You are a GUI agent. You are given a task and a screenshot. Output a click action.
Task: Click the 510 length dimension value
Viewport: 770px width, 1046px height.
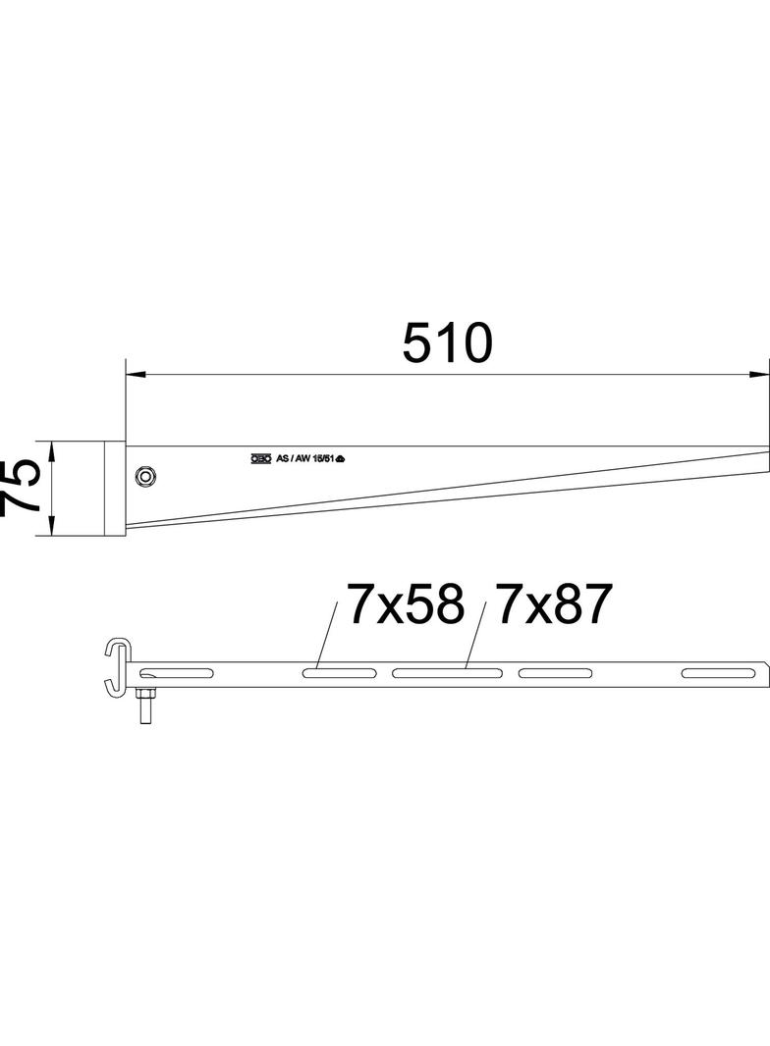click(x=446, y=344)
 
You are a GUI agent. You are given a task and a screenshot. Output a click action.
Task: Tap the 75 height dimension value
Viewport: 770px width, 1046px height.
click(x=22, y=488)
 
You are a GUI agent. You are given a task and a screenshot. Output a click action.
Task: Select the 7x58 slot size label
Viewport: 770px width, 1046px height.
click(x=404, y=605)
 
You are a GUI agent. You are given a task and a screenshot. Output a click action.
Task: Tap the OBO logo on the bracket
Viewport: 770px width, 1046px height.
click(x=260, y=458)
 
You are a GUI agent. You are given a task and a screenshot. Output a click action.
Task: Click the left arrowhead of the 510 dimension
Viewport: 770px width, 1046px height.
click(x=136, y=375)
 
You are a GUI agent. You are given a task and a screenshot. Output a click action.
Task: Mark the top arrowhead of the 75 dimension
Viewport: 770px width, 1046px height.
click(x=51, y=449)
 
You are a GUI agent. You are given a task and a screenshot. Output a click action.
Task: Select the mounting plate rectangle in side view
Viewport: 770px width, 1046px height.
click(x=113, y=489)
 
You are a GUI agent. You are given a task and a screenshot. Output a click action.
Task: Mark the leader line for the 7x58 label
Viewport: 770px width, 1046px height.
click(x=327, y=635)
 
